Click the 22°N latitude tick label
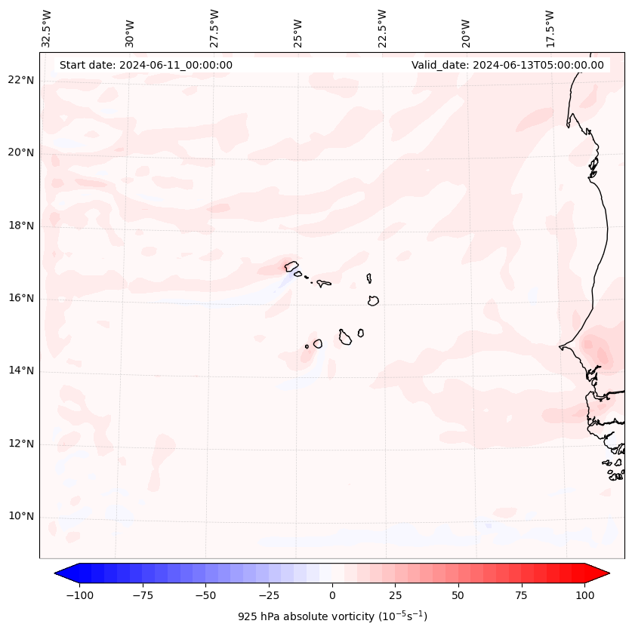tap(22, 81)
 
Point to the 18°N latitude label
tap(22, 226)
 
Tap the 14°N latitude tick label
tap(22, 371)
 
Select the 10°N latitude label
tap(22, 517)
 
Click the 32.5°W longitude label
tap(47, 28)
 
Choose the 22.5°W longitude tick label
tap(382, 28)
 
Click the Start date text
tap(146, 65)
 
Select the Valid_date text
tap(507, 65)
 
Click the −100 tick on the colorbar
tap(80, 595)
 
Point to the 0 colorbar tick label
tap(331, 595)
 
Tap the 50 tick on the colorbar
tap(458, 595)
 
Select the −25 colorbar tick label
tap(269, 595)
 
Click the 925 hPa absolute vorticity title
tap(332, 616)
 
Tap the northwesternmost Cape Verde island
tap(291, 266)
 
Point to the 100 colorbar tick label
tap(584, 595)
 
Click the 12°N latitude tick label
tap(22, 444)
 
